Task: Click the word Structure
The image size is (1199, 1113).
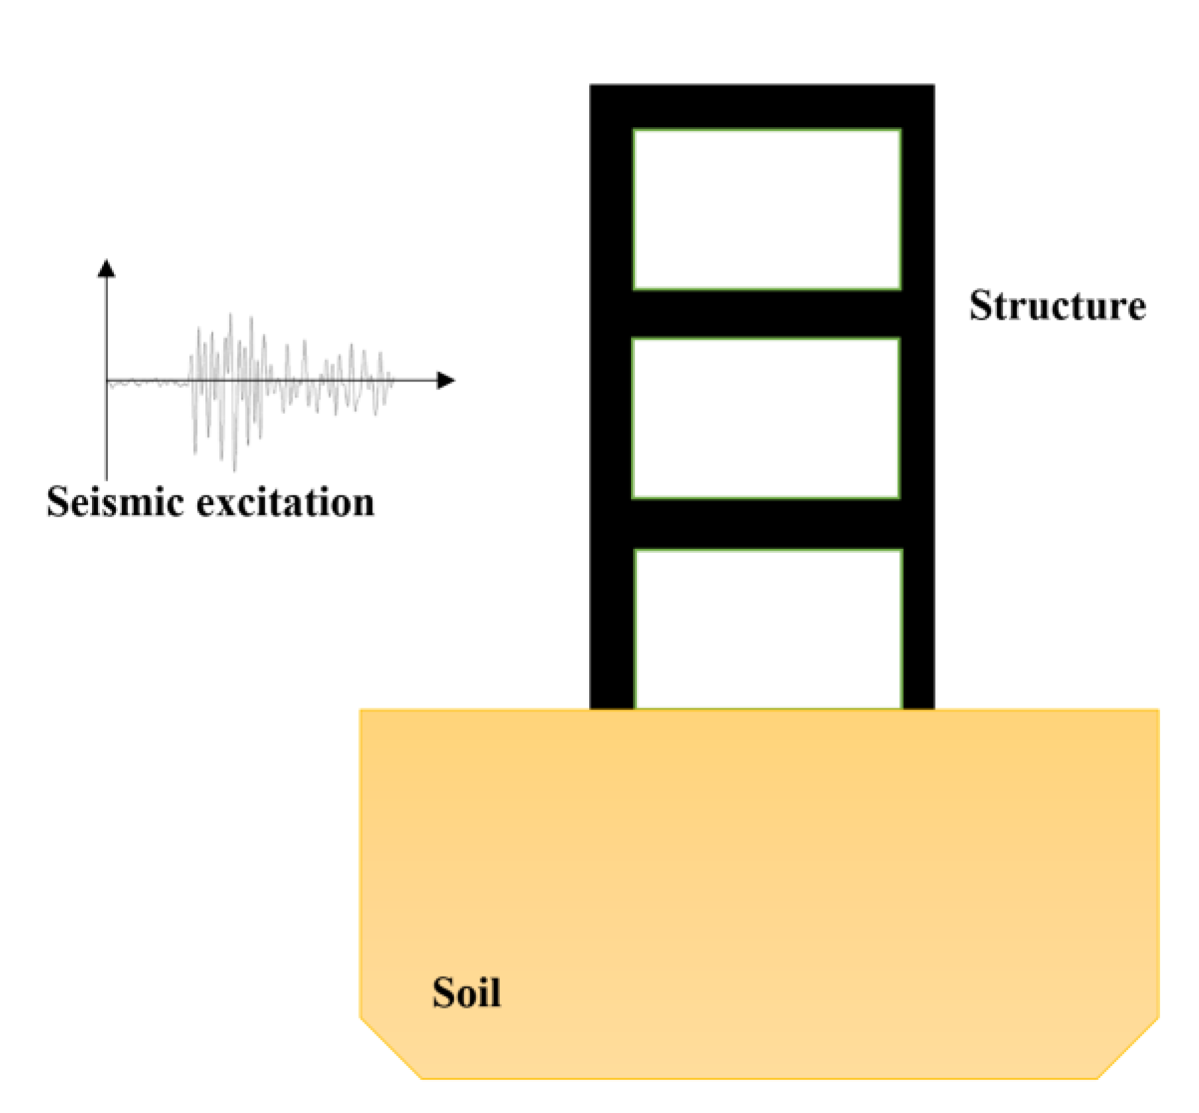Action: click(1057, 306)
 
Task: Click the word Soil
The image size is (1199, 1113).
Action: click(466, 992)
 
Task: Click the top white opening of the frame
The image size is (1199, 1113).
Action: click(767, 209)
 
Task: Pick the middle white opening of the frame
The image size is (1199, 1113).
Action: click(766, 418)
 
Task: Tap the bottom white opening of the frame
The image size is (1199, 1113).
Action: click(768, 629)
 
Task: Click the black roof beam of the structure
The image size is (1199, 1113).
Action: click(762, 107)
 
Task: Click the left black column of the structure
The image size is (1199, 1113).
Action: click(611, 397)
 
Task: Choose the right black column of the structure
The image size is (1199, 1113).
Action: click(918, 397)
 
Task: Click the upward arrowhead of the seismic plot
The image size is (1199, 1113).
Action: click(107, 267)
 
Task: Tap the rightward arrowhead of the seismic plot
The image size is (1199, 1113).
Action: click(446, 380)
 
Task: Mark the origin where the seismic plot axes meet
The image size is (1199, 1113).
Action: click(107, 380)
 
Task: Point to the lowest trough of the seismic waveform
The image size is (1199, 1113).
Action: click(234, 469)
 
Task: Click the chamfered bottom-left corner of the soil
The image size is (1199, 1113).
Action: click(390, 1049)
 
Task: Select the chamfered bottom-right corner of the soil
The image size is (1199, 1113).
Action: click(1128, 1049)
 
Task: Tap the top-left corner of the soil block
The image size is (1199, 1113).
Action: click(361, 710)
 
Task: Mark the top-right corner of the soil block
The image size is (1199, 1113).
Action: click(1158, 710)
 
